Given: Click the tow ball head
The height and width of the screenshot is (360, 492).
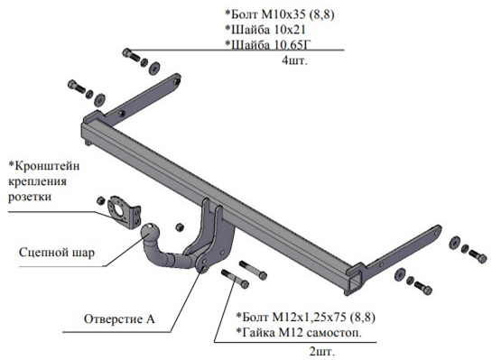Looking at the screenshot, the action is (149, 233).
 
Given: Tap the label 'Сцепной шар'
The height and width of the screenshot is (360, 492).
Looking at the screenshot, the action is (57, 253).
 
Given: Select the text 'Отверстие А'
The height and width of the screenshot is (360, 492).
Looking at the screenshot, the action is (119, 318).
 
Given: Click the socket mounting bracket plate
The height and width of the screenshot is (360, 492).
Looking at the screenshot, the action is (124, 212).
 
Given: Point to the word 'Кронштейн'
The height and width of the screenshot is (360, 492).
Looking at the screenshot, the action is (44, 166).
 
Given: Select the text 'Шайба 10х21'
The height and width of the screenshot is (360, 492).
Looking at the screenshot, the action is (265, 30).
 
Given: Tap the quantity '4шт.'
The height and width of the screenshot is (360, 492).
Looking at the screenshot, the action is (294, 60).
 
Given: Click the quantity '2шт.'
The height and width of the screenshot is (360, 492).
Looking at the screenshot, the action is (322, 352).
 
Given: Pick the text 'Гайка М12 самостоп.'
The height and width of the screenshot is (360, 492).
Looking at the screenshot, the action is (299, 333).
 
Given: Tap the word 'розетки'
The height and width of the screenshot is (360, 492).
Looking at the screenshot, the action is (30, 197).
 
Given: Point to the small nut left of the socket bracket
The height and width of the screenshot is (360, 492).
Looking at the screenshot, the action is (100, 200).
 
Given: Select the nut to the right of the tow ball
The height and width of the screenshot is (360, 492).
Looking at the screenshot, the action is (179, 227).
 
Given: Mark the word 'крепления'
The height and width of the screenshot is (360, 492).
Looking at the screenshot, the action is (37, 182).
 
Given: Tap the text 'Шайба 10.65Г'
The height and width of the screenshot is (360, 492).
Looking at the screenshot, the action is (269, 45).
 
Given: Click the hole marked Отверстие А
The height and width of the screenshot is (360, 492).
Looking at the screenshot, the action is (203, 269).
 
